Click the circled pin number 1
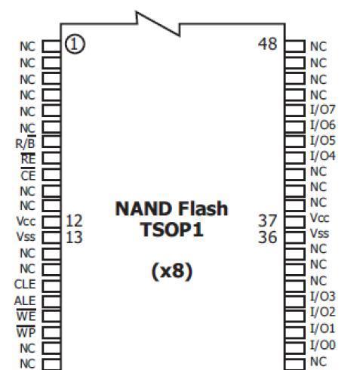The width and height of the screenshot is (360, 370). pos(75,45)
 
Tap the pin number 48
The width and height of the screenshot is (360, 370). pos(268,44)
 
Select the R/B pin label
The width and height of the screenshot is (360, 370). pos(26,143)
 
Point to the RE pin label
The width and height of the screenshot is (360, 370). pos(28,159)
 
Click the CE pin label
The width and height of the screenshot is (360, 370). pos(28,174)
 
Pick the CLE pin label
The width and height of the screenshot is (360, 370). pos(25,285)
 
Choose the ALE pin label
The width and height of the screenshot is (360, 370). pos(25,301)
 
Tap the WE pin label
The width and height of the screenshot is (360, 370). pos(26,316)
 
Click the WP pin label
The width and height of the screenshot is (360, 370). pos(26,331)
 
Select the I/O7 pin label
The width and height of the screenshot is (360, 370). pos(323,109)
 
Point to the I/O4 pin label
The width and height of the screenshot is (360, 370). pos(323,156)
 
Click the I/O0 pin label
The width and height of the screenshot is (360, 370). pos(323,345)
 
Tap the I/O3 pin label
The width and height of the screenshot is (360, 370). pos(323,296)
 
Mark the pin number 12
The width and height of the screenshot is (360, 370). pos(74,220)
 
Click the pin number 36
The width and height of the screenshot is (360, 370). pos(268,237)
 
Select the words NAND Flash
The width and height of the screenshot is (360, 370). pos(171,208)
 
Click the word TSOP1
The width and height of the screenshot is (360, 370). pos(172,230)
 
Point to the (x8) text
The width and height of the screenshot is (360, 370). pos(172,271)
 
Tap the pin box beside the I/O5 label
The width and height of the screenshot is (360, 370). pos(295,141)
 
